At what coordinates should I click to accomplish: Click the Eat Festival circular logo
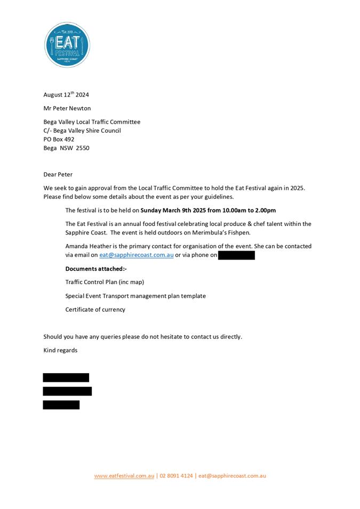[67, 45]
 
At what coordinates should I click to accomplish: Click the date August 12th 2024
[66, 95]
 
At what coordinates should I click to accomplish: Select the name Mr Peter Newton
[67, 108]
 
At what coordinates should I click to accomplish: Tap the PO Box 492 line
[59, 139]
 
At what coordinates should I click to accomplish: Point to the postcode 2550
[83, 148]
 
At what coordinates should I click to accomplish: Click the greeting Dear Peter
[58, 174]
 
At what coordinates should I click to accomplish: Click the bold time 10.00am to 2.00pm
[250, 211]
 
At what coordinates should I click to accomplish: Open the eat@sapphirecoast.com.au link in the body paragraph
[136, 255]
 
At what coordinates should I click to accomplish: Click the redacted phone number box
[236, 256]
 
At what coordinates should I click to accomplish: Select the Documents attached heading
[96, 269]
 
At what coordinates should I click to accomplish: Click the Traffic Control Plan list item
[105, 282]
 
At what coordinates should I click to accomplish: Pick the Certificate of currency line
[95, 310]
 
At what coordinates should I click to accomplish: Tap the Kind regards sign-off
[60, 350]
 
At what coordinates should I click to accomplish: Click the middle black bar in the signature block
[67, 391]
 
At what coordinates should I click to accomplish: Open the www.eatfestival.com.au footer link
[124, 476]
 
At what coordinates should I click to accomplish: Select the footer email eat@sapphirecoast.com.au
[232, 476]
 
